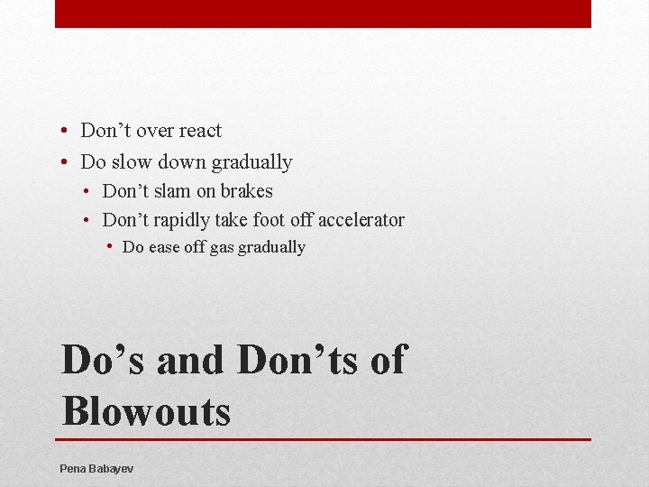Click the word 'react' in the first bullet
(199, 131)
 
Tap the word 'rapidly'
(178, 220)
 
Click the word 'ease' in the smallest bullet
(165, 247)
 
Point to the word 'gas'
(222, 248)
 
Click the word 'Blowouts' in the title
(146, 411)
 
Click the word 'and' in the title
(189, 360)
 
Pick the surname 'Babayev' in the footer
(112, 469)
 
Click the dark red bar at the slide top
(323, 14)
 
